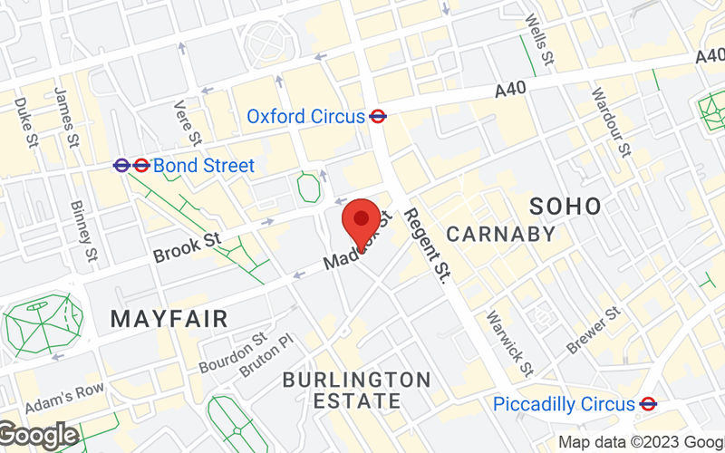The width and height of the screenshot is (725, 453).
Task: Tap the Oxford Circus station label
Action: click(306, 116)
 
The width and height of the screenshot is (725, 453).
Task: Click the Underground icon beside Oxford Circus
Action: click(379, 116)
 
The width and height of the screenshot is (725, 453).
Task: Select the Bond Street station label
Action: click(203, 166)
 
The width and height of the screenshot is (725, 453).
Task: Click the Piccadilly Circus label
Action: click(564, 404)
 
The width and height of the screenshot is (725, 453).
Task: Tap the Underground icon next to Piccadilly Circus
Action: click(648, 404)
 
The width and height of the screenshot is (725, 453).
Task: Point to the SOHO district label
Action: click(565, 206)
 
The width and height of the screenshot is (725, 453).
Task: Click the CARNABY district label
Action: click(501, 234)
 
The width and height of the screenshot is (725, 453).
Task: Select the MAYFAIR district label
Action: click(169, 318)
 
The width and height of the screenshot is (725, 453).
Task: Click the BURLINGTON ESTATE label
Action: click(356, 390)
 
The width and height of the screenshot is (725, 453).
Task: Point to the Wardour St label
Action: click(610, 121)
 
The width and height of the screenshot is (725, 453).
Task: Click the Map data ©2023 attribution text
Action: click(639, 442)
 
